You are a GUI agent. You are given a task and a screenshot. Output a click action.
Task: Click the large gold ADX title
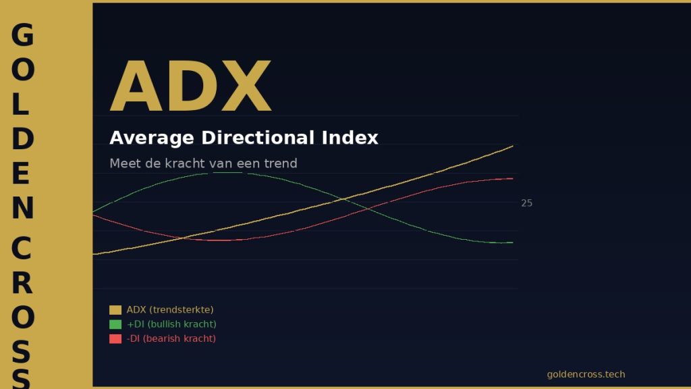click(190, 86)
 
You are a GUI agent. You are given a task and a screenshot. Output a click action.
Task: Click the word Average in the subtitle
click(152, 138)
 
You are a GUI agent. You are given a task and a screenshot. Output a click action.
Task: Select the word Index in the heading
click(350, 138)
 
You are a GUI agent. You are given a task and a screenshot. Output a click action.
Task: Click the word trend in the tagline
click(281, 163)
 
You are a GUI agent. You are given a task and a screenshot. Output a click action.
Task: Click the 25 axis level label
click(526, 203)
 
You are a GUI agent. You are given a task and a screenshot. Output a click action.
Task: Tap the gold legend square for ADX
click(115, 309)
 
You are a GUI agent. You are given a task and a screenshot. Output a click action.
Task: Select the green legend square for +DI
click(115, 324)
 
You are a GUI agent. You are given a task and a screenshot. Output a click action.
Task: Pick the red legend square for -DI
click(115, 339)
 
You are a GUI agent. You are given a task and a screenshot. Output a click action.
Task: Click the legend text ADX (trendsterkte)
click(170, 309)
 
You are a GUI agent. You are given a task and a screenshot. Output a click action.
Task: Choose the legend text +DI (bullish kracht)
click(171, 324)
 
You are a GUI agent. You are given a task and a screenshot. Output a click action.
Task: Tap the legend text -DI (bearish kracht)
click(171, 339)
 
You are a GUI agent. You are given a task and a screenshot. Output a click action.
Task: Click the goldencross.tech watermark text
click(586, 374)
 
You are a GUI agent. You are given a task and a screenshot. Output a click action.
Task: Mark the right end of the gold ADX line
click(513, 146)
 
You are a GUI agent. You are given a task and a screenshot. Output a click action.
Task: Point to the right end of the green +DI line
click(513, 242)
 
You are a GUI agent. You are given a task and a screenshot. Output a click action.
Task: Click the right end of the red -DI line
click(513, 178)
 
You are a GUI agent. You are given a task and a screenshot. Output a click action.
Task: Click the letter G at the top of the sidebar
click(22, 35)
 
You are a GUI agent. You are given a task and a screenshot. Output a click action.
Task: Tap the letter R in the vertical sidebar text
click(22, 283)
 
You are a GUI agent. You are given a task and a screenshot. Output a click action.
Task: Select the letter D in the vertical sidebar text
click(22, 138)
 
